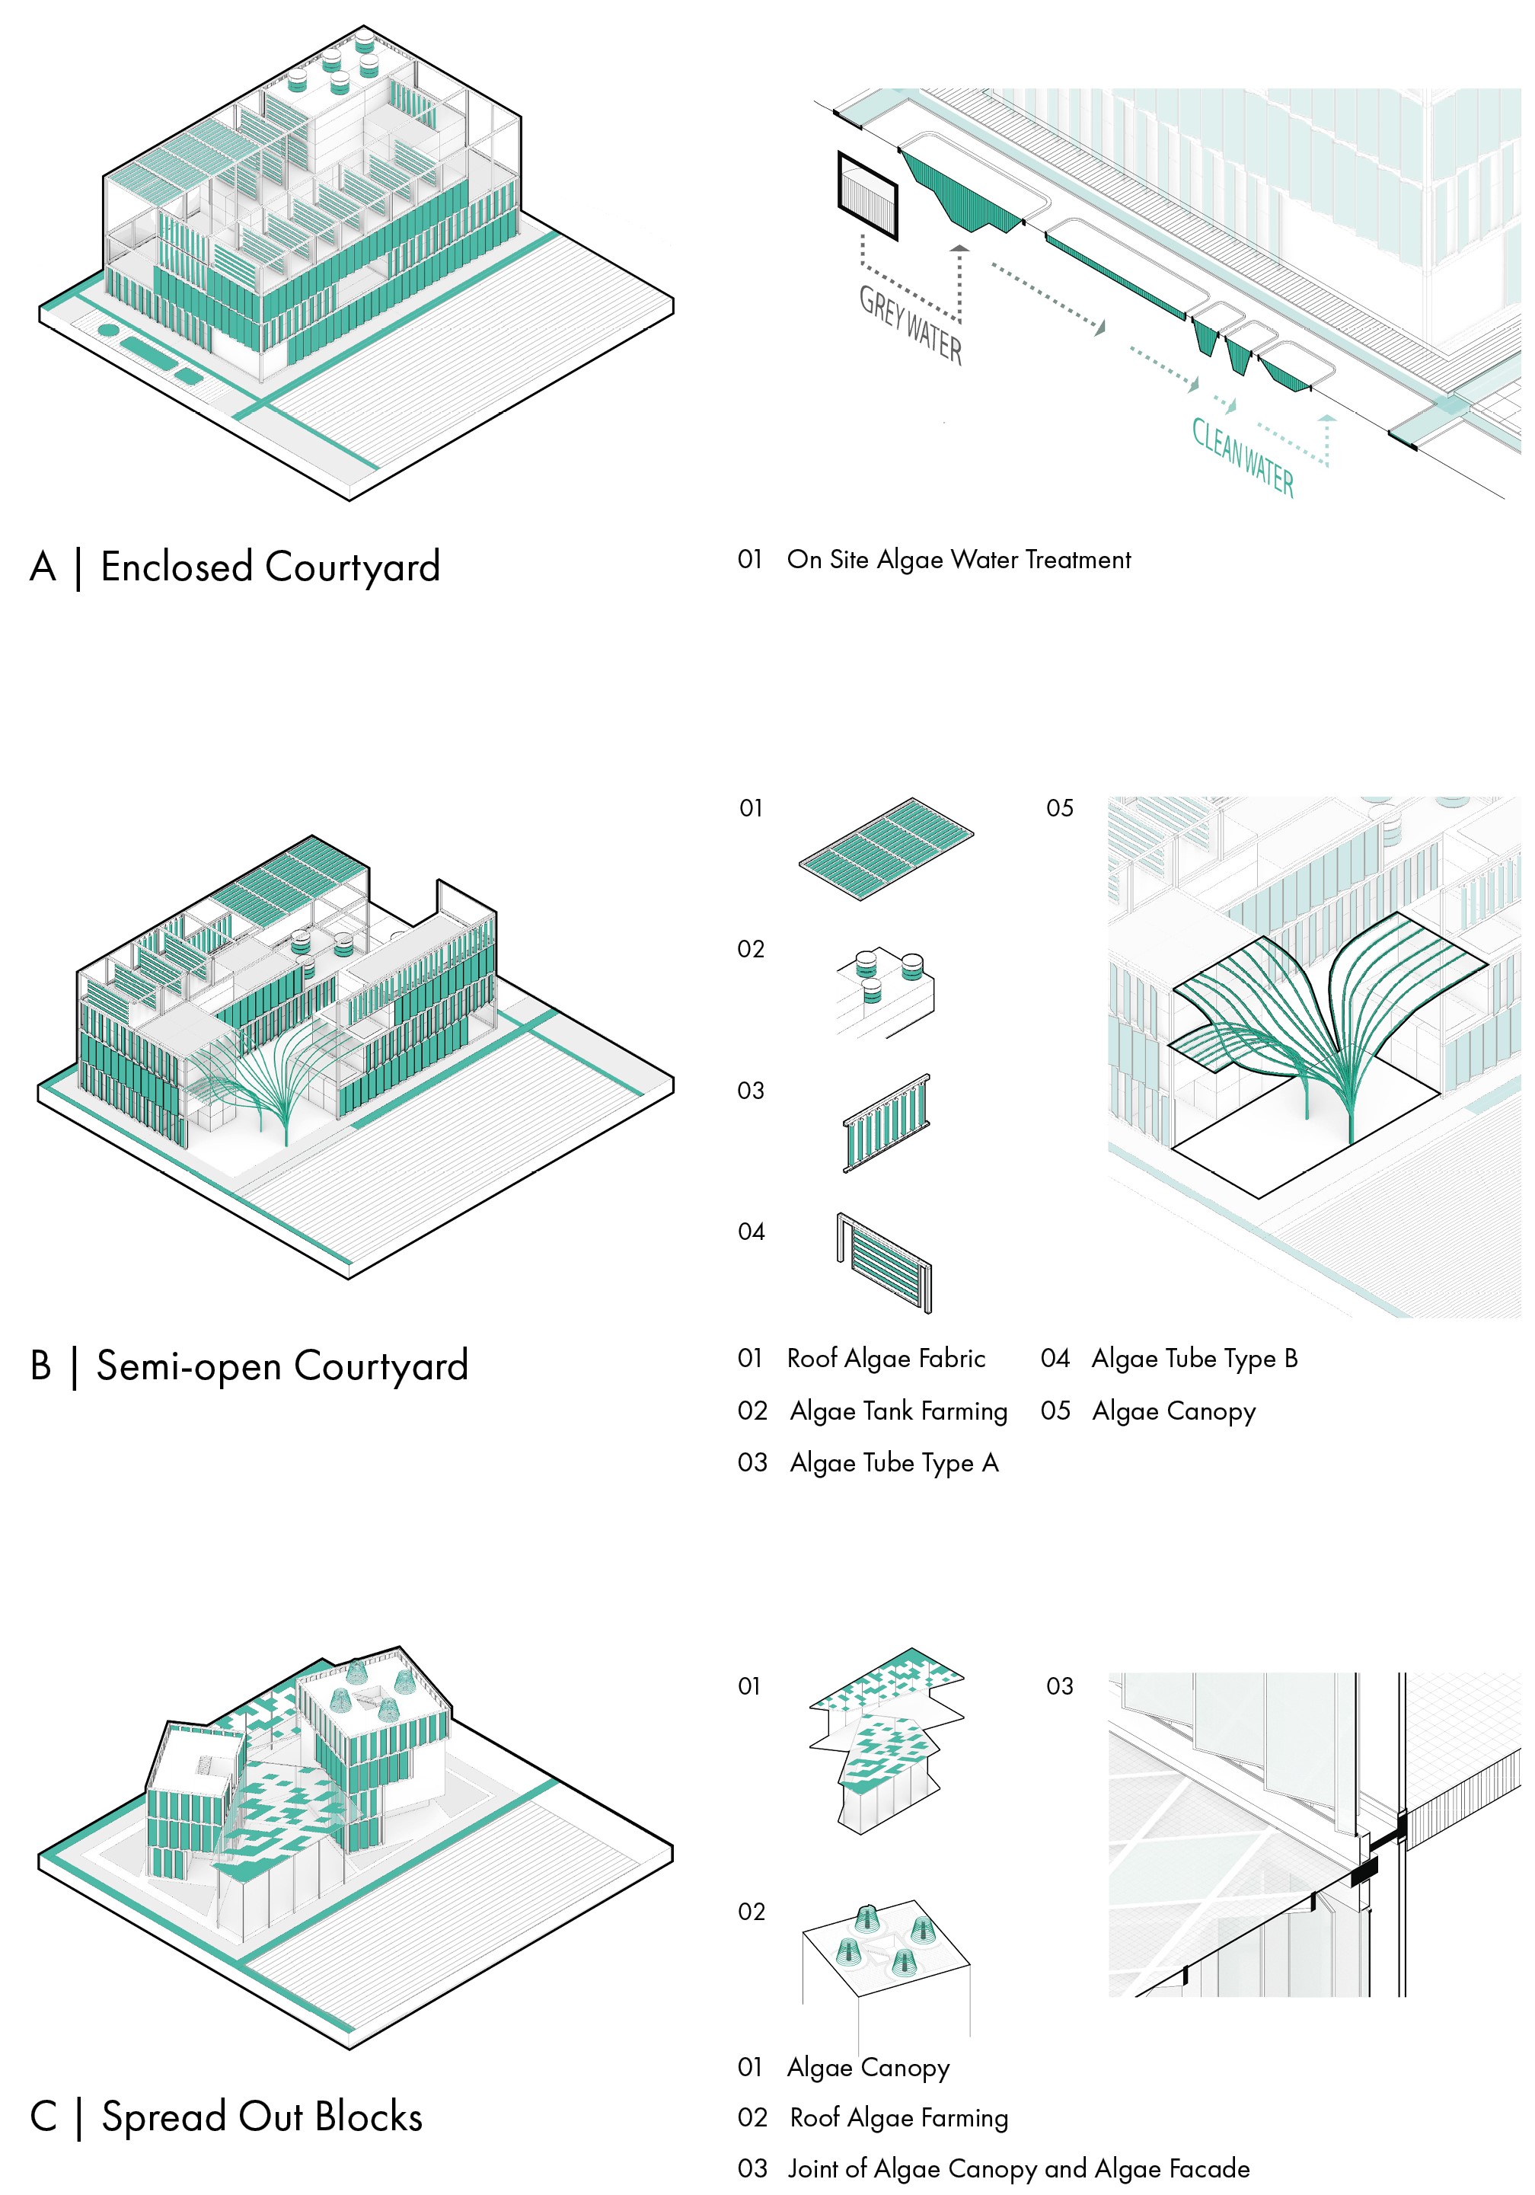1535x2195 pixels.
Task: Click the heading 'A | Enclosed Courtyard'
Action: [235, 567]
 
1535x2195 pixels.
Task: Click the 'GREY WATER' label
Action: [910, 325]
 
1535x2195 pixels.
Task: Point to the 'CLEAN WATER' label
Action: [1243, 458]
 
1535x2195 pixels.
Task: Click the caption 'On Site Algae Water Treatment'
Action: [959, 559]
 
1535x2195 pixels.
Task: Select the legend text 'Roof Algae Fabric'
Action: [886, 1359]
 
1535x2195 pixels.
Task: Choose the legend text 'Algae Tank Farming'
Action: [898, 1411]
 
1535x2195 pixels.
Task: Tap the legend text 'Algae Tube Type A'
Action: [894, 1462]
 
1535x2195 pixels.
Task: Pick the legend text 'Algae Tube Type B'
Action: [1195, 1359]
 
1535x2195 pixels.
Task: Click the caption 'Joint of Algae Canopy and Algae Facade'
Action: [1018, 2168]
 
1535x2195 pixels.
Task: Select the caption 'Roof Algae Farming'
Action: [898, 2117]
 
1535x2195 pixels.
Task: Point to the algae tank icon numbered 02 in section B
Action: [885, 992]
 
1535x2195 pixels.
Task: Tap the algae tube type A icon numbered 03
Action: [886, 1123]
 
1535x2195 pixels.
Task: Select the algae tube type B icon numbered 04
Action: [884, 1263]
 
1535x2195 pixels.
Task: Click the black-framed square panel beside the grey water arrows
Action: [868, 196]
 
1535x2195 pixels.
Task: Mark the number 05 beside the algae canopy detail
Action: [1059, 809]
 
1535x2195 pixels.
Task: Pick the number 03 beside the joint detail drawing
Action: [1059, 1686]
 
